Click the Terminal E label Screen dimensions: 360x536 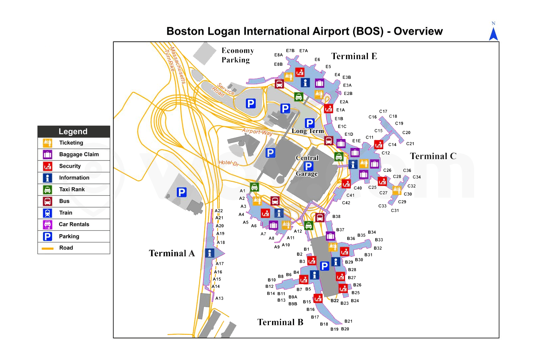point(354,56)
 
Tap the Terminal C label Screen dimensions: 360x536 point(433,156)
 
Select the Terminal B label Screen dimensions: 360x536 point(280,322)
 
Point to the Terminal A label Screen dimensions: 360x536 point(171,253)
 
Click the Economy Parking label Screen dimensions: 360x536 point(237,55)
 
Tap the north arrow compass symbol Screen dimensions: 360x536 point(493,33)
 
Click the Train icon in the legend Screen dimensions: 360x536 point(47,213)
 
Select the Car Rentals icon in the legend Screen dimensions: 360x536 point(47,224)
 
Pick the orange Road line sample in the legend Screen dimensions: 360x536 point(47,248)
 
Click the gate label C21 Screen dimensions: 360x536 point(410,144)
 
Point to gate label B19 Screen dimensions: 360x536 point(334,329)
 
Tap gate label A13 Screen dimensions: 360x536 point(219,298)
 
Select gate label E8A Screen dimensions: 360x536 point(278,55)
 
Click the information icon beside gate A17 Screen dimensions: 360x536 point(210,253)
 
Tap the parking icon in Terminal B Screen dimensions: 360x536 point(324,266)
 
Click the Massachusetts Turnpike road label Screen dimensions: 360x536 point(175,64)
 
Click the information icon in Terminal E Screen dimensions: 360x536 point(305,83)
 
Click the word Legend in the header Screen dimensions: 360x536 point(73,131)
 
